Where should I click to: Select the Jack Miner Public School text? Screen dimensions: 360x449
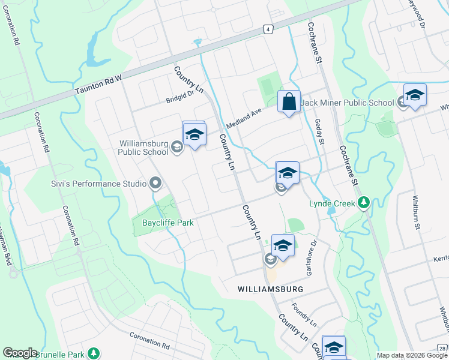coord(348,103)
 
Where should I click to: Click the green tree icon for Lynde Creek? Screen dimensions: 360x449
coord(363,203)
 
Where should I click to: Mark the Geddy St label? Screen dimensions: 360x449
coord(319,132)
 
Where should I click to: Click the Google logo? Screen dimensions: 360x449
coord(20,353)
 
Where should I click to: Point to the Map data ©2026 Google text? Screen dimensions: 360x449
coord(411,355)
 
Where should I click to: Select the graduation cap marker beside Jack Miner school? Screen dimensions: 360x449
coord(414,95)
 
